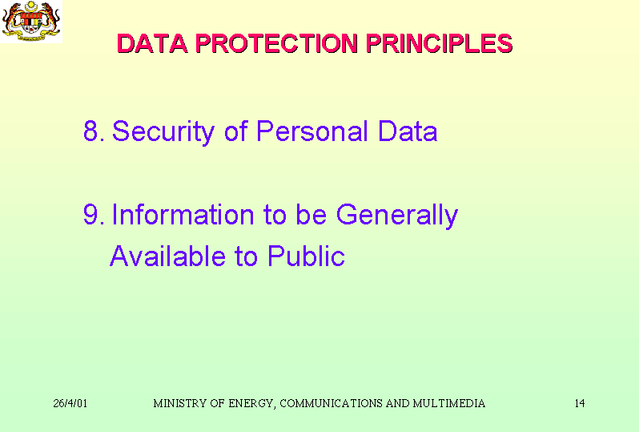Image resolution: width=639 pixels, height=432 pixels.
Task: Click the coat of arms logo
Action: [x=31, y=21]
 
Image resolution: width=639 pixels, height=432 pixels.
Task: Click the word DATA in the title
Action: [x=152, y=43]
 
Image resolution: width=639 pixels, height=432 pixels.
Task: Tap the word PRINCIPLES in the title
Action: [x=440, y=43]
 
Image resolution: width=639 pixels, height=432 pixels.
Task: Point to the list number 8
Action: [x=94, y=131]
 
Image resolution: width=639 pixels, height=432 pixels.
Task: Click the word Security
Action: [x=163, y=131]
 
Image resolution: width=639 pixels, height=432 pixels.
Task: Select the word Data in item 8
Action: [x=408, y=131]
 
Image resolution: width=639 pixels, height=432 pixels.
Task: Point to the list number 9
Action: [x=94, y=215]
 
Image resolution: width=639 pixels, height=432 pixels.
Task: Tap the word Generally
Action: [x=397, y=216]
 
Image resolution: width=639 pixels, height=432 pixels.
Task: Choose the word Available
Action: [x=167, y=256]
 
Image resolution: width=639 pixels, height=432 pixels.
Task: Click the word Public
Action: [x=307, y=256]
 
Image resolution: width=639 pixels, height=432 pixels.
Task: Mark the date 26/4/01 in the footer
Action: [x=70, y=403]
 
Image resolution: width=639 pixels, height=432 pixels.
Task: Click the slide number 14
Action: [x=580, y=403]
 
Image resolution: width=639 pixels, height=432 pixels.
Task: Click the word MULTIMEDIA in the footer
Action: [x=448, y=403]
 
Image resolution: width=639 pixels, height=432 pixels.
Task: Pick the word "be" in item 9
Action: [x=311, y=215]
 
